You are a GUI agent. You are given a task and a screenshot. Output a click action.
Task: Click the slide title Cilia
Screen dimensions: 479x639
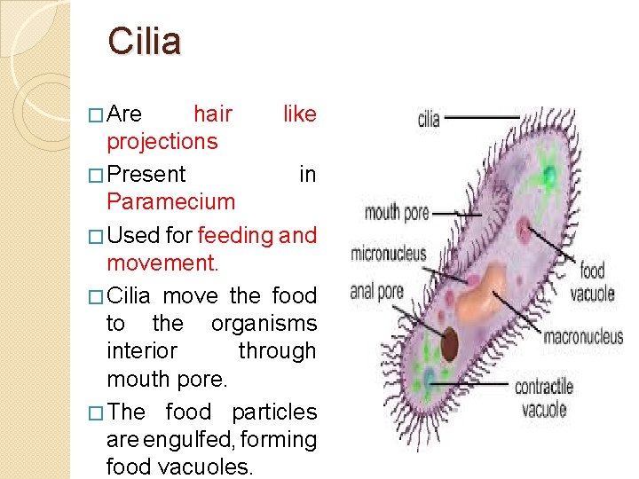click(144, 42)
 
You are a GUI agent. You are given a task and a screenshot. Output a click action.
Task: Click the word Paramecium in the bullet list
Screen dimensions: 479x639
click(170, 201)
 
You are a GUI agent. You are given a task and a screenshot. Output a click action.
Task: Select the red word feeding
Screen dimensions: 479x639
click(236, 235)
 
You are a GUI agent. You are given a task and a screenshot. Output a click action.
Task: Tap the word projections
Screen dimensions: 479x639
click(162, 141)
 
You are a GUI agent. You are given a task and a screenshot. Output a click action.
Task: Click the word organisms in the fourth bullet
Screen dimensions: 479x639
click(264, 324)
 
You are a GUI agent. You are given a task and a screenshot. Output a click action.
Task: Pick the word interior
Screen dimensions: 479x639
click(142, 351)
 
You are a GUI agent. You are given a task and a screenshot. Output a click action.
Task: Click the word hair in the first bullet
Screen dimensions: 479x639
click(213, 114)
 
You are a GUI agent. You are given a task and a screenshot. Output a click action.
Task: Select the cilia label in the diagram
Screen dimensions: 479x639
click(429, 118)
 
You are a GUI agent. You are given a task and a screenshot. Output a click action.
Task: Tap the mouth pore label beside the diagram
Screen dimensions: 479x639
click(397, 213)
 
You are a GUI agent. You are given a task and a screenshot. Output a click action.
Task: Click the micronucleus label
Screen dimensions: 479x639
click(389, 254)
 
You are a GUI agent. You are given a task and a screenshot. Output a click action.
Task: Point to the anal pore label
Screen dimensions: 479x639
click(376, 290)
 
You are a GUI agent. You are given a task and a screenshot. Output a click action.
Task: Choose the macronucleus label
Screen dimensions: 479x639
click(582, 337)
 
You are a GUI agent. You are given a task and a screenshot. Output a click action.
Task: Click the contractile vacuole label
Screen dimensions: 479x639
click(543, 397)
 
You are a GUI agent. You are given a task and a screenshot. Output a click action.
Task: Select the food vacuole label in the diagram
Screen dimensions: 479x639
click(593, 282)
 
